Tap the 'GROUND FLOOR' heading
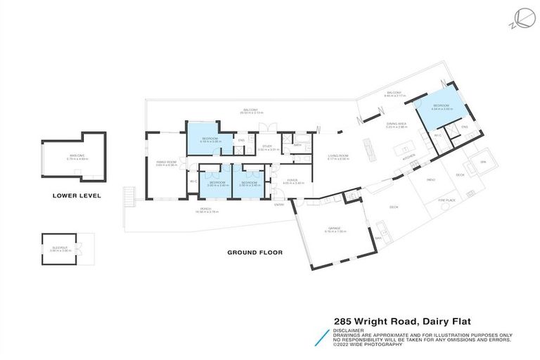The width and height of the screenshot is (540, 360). [255, 252]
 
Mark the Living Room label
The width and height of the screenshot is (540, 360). [338, 156]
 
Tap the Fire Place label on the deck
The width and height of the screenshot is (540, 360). [444, 200]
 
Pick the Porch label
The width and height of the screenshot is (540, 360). [205, 209]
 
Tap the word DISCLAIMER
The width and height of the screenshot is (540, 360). [349, 329]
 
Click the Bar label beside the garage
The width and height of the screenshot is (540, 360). [377, 238]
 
